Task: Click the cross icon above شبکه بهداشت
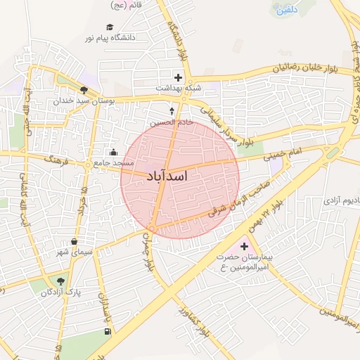pyautogui.click(x=178, y=77)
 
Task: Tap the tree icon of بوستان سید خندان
pyautogui.click(x=84, y=90)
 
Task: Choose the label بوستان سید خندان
pyautogui.click(x=83, y=101)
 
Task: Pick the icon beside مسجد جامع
pyautogui.click(x=113, y=153)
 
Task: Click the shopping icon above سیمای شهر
pyautogui.click(x=75, y=241)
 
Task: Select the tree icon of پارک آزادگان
pyautogui.click(x=60, y=281)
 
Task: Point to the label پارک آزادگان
pyautogui.click(x=60, y=292)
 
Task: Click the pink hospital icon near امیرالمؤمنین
pyautogui.click(x=245, y=246)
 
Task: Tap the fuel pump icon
pyautogui.click(x=108, y=331)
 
